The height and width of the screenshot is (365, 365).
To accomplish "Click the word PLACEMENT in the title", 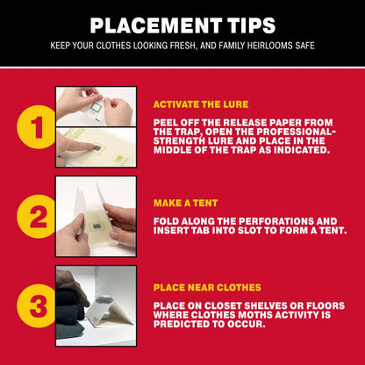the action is (x=155, y=25).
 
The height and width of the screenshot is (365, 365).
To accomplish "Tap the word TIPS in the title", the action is (x=252, y=25).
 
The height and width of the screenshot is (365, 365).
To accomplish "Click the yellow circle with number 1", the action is (x=36, y=127).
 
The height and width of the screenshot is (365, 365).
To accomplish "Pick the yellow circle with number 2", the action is (x=36, y=217).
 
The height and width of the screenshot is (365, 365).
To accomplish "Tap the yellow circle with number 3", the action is (x=36, y=306).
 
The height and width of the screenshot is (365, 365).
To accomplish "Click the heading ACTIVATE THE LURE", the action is (x=201, y=104).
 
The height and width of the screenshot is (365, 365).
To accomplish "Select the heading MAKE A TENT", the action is (x=185, y=203).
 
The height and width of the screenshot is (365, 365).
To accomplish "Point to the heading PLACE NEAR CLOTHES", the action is (x=207, y=287).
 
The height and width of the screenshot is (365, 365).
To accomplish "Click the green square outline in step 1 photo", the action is (x=96, y=107).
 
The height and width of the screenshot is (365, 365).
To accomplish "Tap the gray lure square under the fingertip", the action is (x=97, y=148).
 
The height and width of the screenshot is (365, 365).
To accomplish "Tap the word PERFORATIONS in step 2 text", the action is (x=267, y=221).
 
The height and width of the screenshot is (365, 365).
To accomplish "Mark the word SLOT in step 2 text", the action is (x=247, y=230).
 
